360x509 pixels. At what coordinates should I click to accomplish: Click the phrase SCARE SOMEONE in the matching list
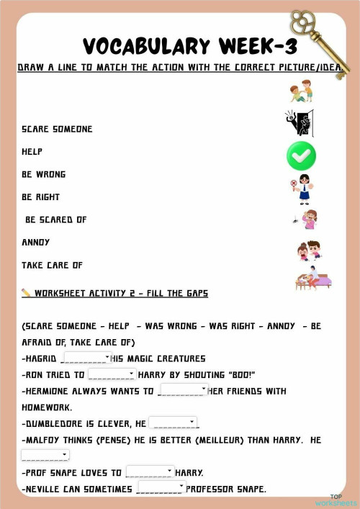pyautogui.click(x=57, y=129)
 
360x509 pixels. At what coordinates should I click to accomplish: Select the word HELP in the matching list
pyautogui.click(x=32, y=152)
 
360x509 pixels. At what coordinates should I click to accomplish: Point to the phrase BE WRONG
pyautogui.click(x=43, y=174)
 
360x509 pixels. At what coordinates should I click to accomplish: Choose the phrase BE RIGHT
pyautogui.click(x=40, y=197)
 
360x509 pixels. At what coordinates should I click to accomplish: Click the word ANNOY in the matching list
pyautogui.click(x=35, y=242)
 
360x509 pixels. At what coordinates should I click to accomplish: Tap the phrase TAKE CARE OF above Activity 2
pyautogui.click(x=52, y=265)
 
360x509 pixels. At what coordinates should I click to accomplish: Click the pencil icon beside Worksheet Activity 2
pyautogui.click(x=26, y=293)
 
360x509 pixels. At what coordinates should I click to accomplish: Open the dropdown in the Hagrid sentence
pyautogui.click(x=87, y=358)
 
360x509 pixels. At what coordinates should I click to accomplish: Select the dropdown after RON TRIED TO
pyautogui.click(x=112, y=374)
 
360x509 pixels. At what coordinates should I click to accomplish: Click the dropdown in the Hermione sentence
pyautogui.click(x=182, y=390)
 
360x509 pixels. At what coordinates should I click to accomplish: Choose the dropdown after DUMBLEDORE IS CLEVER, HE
pyautogui.click(x=173, y=423)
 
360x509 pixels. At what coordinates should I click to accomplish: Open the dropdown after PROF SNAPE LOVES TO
pyautogui.click(x=150, y=472)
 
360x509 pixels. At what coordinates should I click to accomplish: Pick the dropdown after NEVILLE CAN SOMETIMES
pyautogui.click(x=161, y=488)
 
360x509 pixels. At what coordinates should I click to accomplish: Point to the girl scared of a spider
pyautogui.click(x=307, y=220)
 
